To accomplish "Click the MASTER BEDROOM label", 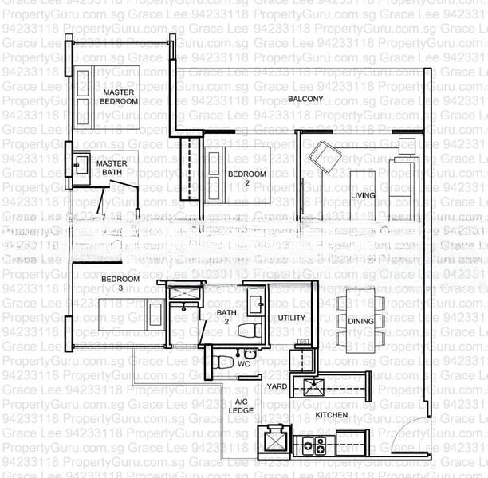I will [118, 97].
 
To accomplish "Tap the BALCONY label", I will [305, 99].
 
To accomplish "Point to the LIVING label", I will [362, 195].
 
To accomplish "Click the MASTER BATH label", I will [112, 168].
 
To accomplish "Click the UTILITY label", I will [291, 318].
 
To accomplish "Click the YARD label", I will [277, 386].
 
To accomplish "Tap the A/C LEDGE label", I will [242, 406].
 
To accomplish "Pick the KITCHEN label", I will [332, 415].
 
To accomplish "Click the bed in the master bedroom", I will [108, 97].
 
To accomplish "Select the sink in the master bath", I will [82, 166].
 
